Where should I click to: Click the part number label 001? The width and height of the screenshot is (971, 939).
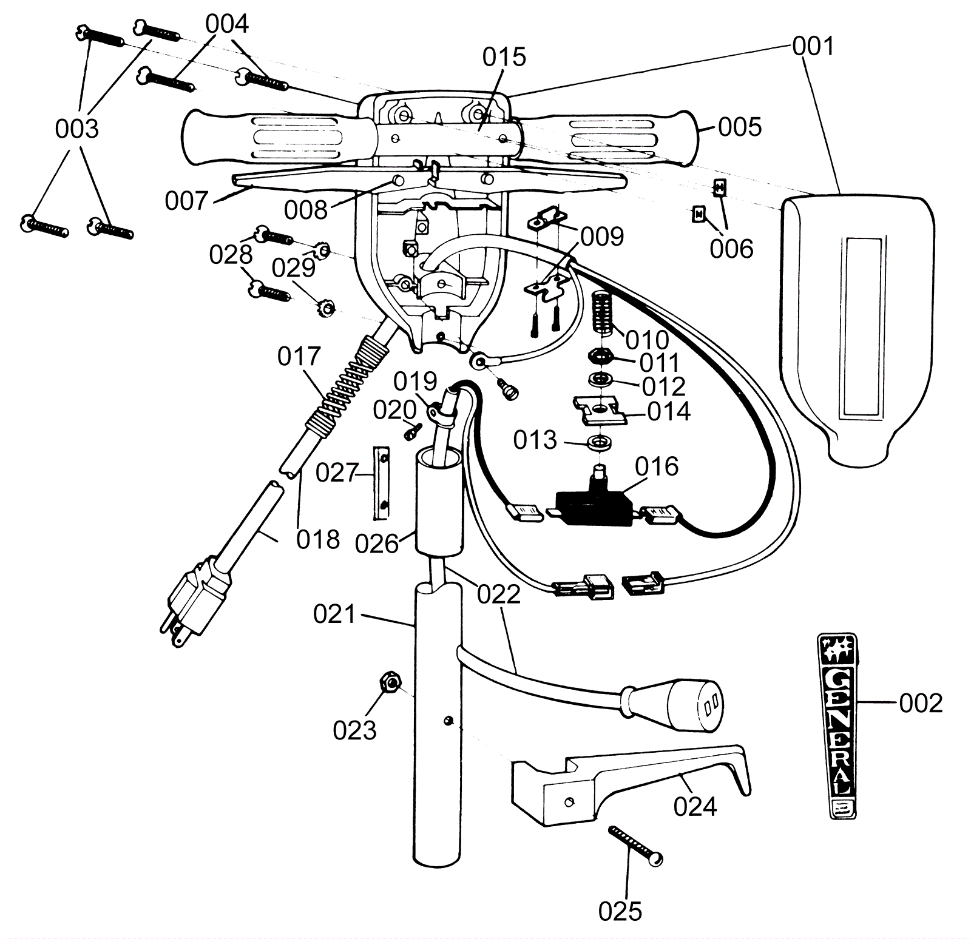(813, 46)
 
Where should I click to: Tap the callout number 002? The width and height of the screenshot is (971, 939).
(921, 703)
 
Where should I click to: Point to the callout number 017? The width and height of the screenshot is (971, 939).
(299, 357)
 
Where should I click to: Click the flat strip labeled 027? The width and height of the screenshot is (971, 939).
(381, 483)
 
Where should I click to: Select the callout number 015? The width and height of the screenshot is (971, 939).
(504, 57)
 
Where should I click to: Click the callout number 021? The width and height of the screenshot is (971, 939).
(334, 614)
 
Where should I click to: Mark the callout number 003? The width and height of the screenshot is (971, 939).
(76, 129)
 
